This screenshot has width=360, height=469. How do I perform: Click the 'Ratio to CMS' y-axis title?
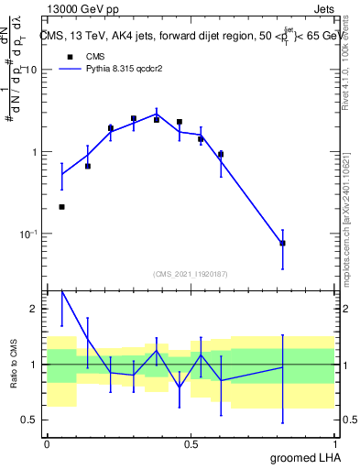click(x=13, y=364)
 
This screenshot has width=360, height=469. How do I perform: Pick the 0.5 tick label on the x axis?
click(x=191, y=444)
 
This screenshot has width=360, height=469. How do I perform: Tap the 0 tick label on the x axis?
click(x=47, y=444)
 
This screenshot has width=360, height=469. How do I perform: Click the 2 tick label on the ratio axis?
click(x=36, y=309)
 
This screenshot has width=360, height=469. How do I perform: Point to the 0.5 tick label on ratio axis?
click(x=31, y=420)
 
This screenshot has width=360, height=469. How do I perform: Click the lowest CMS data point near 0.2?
click(x=61, y=207)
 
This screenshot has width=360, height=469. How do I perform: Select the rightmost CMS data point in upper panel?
click(x=282, y=243)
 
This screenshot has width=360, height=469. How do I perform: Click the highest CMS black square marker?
click(x=134, y=118)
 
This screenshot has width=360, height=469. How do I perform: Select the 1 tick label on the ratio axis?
click(x=36, y=365)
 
